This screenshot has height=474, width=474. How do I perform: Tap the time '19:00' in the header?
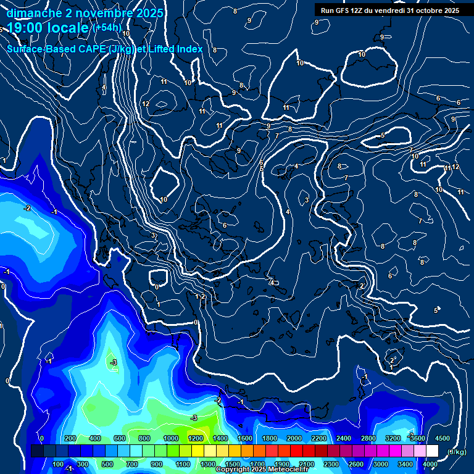pos(25,28)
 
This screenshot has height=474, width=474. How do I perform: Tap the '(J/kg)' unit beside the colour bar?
pos(457,452)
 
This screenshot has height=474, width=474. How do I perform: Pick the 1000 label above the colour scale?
pos(171,438)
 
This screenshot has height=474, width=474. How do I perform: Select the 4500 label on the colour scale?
pos(443,438)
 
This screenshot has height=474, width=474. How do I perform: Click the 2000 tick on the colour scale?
pos(294,438)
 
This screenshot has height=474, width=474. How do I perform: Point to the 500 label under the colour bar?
pos(107,464)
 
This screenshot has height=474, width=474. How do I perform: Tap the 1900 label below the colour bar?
pos(282,464)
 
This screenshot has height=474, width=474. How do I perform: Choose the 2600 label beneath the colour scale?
pos(356,464)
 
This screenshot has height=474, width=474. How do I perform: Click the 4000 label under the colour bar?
pos(430,464)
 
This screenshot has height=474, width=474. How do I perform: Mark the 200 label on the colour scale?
pos(70,438)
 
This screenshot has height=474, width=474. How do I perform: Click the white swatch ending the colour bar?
pos(432,451)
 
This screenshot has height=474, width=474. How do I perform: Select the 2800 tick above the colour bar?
pos(368,438)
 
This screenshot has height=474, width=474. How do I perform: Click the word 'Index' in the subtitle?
pos(188,49)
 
